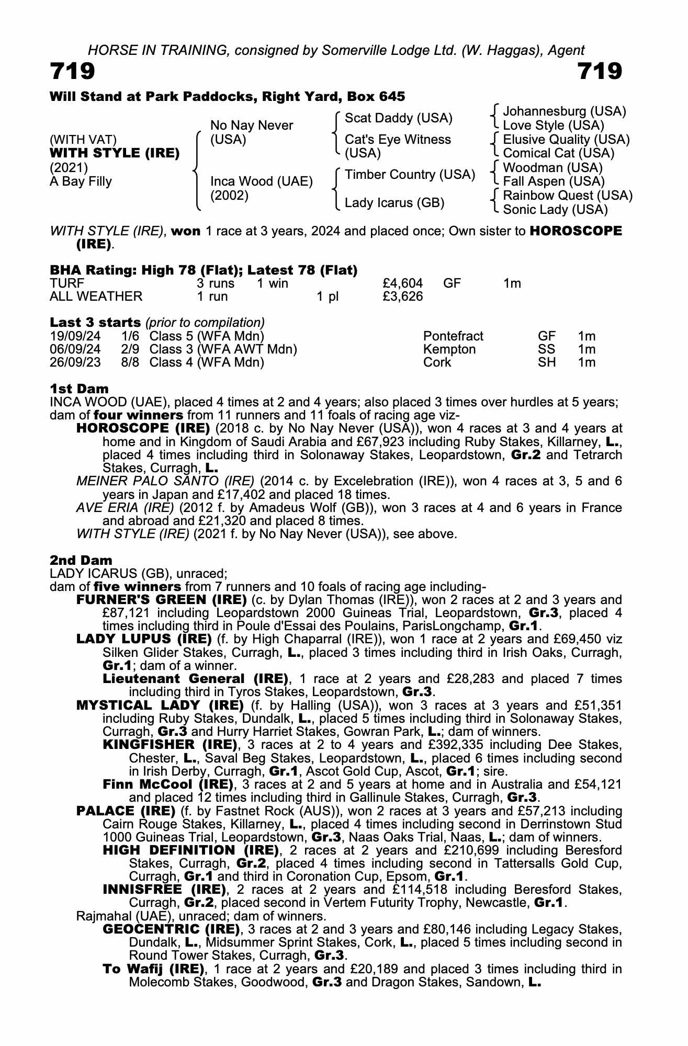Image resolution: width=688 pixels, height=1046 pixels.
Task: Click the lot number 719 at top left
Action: coord(73,72)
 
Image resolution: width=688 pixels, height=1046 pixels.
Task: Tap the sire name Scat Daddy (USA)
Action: coord(398,118)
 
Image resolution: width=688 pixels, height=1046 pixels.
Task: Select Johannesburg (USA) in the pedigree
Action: coord(564,111)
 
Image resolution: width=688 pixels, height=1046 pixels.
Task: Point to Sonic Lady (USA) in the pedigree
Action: coord(555,210)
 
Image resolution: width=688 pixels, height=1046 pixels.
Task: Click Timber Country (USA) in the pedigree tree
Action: coord(410,175)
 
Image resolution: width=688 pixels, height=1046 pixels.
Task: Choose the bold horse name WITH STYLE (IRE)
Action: coord(115,153)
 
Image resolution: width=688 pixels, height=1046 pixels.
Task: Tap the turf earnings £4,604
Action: coord(402,283)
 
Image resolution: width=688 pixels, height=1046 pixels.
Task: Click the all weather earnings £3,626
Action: coord(402,297)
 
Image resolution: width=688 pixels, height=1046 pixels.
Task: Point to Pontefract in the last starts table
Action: coord(453,336)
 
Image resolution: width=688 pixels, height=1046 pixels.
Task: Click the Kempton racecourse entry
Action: coord(449,349)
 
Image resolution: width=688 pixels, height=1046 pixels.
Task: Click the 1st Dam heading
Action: coord(79,389)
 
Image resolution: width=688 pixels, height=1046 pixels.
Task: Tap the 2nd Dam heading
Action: coord(81,561)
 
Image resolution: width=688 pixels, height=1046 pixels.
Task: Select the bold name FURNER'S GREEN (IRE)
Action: coord(161,599)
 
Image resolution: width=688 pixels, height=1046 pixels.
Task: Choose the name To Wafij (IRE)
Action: coord(153,969)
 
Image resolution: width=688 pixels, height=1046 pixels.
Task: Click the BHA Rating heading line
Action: coord(204,270)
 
